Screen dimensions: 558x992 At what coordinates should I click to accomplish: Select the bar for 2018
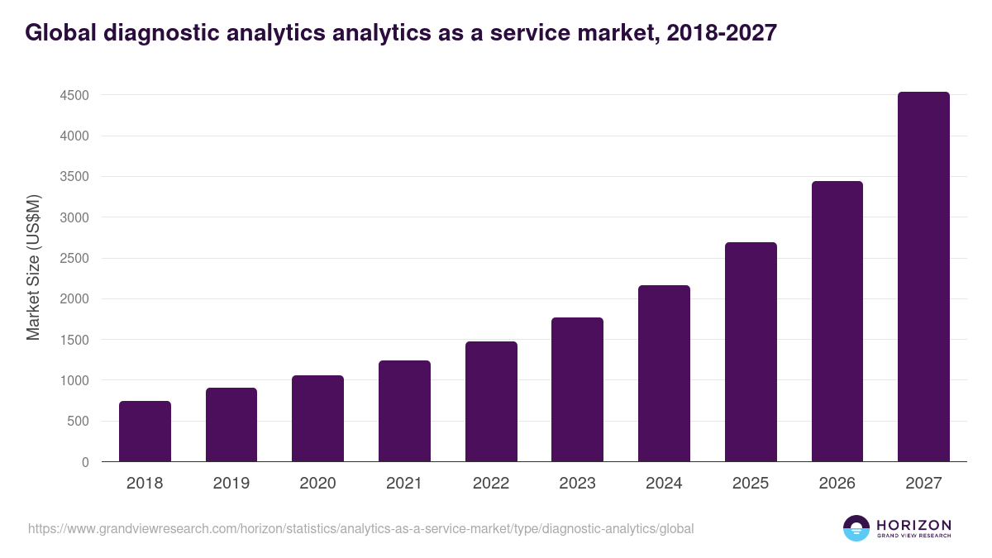[145, 432]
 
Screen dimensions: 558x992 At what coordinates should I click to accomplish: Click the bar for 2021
[404, 411]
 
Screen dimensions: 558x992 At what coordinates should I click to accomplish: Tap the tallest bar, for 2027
[923, 277]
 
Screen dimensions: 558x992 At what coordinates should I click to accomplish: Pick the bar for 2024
[664, 374]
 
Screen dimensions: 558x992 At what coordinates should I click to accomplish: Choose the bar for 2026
[837, 322]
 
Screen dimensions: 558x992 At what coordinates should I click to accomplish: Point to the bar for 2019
[231, 425]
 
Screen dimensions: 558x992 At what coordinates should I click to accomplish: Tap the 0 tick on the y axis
[85, 462]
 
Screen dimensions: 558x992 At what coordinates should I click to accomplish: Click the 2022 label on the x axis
[491, 484]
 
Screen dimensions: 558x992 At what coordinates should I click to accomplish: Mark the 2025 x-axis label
[751, 484]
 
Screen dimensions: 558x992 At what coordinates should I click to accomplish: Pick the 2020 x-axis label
[317, 484]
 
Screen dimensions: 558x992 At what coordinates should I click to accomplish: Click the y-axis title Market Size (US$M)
[34, 266]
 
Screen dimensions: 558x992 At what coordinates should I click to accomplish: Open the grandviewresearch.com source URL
[361, 528]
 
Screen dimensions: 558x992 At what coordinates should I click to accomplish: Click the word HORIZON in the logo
[913, 525]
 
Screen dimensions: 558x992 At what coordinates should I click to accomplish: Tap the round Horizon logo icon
[856, 528]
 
